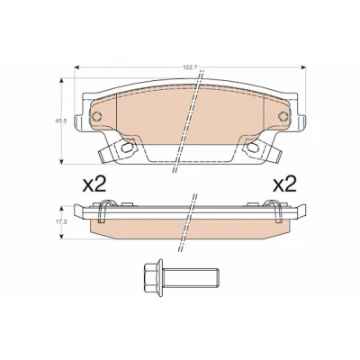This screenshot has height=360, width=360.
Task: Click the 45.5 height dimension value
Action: pyautogui.click(x=58, y=121)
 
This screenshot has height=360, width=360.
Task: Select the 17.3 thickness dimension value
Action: pyautogui.click(x=58, y=222)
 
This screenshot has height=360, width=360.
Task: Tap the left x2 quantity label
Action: pyautogui.click(x=94, y=184)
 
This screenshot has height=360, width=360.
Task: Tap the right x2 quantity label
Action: pyautogui.click(x=284, y=184)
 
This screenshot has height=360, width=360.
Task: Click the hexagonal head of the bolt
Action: pyautogui.click(x=154, y=276)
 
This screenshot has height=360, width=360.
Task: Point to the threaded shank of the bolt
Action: pyautogui.click(x=191, y=276)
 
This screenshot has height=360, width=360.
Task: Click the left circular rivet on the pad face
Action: pyautogui.click(x=97, y=116)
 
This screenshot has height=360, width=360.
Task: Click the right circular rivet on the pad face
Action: pyautogui.click(x=283, y=116)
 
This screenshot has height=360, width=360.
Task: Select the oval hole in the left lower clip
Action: pyautogui.click(x=128, y=147)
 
